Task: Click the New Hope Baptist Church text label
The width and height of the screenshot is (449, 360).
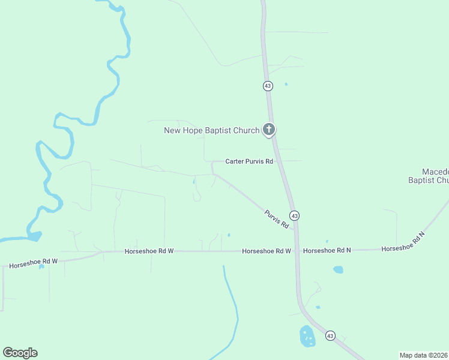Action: point(211,130)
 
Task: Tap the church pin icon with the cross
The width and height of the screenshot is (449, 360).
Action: point(269,129)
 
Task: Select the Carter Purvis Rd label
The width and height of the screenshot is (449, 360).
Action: point(249,161)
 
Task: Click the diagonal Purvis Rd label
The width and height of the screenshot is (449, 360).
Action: point(276,218)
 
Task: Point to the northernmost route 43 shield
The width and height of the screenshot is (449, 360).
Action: point(268,86)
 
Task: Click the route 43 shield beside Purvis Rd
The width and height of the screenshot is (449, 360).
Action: point(294,215)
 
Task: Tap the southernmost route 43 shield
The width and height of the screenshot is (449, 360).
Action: point(330,335)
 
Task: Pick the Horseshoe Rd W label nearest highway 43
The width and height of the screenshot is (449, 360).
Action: point(267,251)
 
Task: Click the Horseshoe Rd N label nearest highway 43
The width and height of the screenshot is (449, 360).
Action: point(327,250)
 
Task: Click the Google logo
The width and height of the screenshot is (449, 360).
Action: point(20,353)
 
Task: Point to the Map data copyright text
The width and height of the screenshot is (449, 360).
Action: point(423,355)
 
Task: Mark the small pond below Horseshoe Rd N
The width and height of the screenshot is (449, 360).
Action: point(338,270)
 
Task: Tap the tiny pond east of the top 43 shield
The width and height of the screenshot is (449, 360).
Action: point(286,84)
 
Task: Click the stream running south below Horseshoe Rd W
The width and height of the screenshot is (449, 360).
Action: point(231,300)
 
